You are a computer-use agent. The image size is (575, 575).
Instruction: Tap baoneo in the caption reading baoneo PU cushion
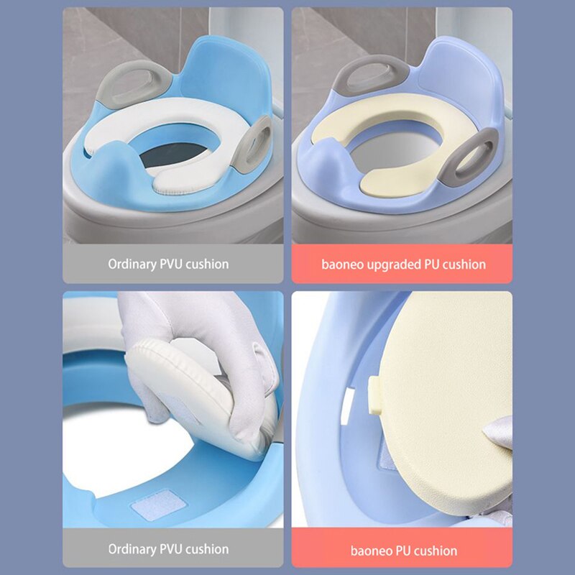tap(370, 551)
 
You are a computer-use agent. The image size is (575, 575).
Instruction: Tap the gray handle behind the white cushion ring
tap(133, 84)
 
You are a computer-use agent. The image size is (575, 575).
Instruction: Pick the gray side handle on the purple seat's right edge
tap(469, 157)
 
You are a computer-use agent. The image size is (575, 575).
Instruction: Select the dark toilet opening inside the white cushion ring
tap(174, 154)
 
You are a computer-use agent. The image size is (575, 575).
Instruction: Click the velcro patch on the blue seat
tap(158, 505)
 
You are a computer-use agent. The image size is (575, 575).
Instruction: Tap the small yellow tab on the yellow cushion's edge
tap(374, 396)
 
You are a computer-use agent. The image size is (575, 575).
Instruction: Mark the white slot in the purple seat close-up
tap(346, 406)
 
